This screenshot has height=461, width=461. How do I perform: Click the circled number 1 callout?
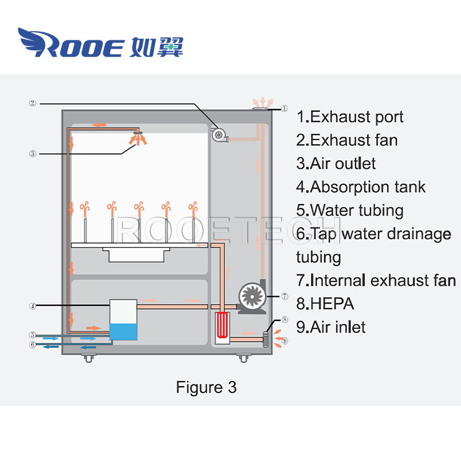point(284,108)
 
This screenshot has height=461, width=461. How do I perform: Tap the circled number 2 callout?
point(33,104)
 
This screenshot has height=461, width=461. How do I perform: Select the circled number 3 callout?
point(33,154)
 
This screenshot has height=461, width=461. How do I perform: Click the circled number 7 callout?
point(284,296)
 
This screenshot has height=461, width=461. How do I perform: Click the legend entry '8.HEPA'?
point(325,304)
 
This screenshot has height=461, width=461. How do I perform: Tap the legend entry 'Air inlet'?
point(331,327)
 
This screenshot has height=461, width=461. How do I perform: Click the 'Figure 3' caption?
point(206,387)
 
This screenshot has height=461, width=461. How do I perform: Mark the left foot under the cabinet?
point(88,358)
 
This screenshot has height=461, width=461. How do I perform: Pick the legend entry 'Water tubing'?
point(350,210)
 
